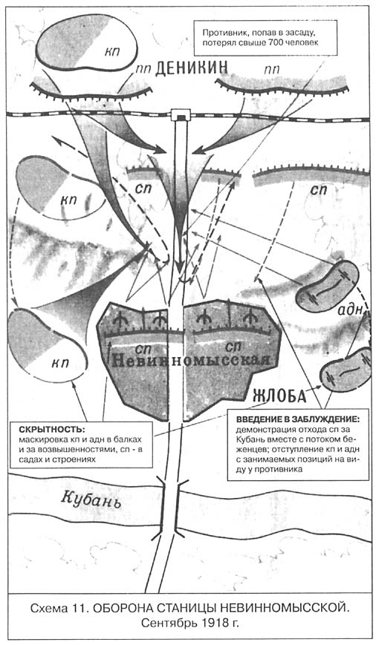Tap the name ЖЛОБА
pos(279,396)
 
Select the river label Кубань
pos(91,500)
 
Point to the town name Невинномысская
pos(191,359)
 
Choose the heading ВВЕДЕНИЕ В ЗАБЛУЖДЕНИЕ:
pos(298,420)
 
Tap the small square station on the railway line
pos(181,115)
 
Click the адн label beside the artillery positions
pos(350,310)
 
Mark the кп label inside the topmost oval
pos(111,52)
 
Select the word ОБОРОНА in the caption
pos(122,608)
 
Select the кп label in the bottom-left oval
pos(60,364)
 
